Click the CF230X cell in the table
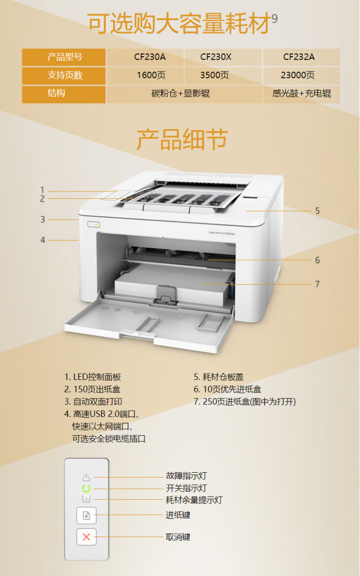point(216,57)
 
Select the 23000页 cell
point(298,75)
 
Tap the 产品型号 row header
point(64,57)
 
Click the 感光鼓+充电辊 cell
point(301,94)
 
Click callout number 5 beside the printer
point(317,211)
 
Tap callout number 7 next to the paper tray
point(317,284)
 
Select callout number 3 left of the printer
point(43,220)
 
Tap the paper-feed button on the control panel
point(86,515)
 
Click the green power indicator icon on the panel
point(86,489)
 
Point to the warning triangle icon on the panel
point(86,477)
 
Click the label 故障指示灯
point(186,476)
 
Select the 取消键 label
point(178,537)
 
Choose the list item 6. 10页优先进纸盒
point(228,390)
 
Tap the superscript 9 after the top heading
point(275,18)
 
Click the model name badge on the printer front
point(220,233)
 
